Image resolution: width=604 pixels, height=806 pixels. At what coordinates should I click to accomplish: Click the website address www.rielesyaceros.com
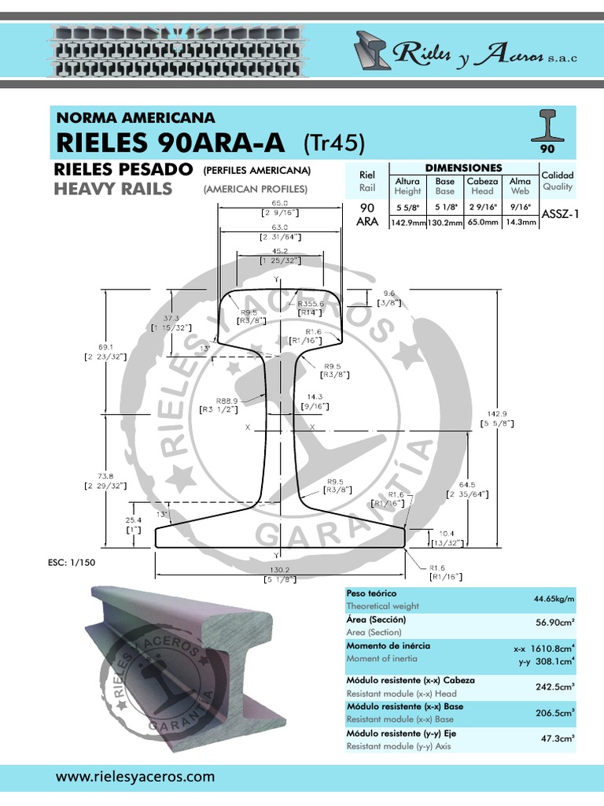click(x=134, y=776)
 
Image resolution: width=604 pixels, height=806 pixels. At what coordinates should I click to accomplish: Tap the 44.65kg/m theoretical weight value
click(x=554, y=600)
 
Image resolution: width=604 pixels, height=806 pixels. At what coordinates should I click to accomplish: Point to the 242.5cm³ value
click(x=555, y=686)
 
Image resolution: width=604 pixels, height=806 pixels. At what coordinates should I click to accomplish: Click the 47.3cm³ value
click(x=558, y=739)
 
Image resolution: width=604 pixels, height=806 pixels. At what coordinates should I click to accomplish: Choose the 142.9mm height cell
click(x=407, y=223)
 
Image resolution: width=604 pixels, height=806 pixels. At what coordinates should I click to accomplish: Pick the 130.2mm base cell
click(x=445, y=223)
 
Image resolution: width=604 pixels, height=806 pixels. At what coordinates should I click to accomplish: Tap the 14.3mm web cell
click(x=521, y=223)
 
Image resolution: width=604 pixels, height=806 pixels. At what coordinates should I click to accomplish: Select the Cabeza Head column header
click(x=482, y=186)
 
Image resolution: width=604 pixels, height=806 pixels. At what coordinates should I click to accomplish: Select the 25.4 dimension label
click(x=133, y=520)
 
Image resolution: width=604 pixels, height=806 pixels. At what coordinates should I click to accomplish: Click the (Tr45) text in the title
click(x=335, y=142)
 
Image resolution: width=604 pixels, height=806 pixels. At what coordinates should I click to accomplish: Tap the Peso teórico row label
click(x=372, y=593)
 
